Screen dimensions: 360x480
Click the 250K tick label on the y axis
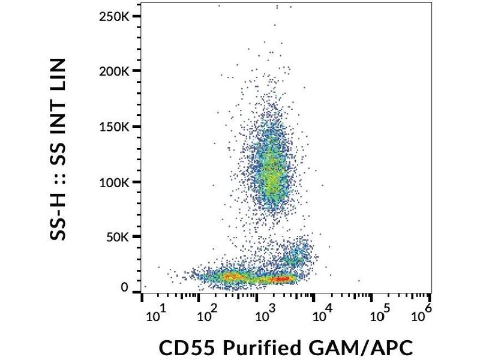[x=113, y=17]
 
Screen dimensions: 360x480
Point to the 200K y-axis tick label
[x=113, y=71]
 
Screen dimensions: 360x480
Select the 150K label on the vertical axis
[x=113, y=127]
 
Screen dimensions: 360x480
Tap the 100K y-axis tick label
[x=113, y=182]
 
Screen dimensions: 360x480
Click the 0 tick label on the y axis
[x=125, y=288]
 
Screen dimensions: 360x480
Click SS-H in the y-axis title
[x=58, y=213]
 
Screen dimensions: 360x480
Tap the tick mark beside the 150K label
[x=137, y=127]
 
